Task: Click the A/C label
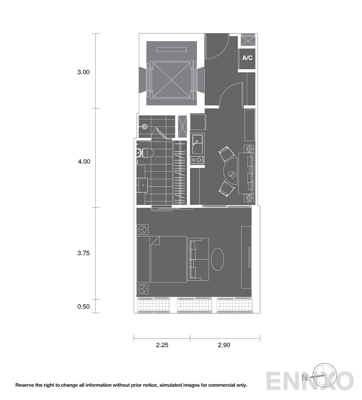coord(247,58)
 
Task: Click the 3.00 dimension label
coord(83,72)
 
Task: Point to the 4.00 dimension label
coord(84,161)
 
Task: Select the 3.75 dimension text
coord(83,253)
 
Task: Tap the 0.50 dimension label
coord(83,306)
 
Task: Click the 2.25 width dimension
coord(162,345)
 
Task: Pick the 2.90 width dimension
coord(224,345)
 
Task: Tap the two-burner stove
coord(197,160)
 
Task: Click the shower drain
coord(144,126)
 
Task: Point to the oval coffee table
coord(217,259)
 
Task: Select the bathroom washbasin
coord(142,185)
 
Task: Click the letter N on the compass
coord(304,378)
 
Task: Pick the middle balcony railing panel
coord(194,306)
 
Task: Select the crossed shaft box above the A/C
coord(248,41)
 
